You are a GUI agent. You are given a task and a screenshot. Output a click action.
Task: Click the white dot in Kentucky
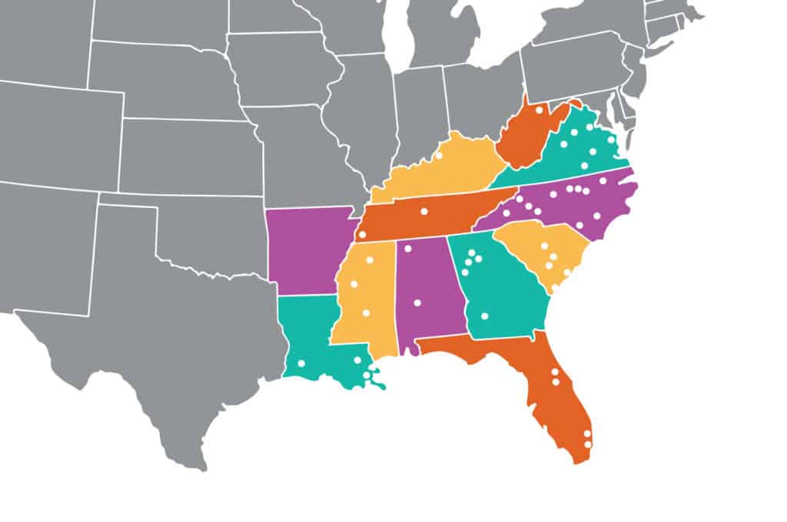point(439,156)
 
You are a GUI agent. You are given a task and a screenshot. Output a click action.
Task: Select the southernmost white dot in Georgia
point(484,316)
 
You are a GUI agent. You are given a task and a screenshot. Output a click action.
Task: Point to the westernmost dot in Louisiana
point(301,363)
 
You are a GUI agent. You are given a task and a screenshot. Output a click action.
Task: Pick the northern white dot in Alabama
point(408,248)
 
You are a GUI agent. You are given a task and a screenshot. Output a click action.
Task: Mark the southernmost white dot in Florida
point(588,444)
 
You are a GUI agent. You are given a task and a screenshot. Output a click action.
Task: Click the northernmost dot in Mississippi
point(370,260)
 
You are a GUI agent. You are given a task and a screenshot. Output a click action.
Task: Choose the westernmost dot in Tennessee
point(361,234)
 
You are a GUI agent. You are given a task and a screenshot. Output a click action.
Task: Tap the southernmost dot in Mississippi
point(366,312)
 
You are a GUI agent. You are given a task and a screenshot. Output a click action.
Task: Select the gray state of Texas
point(169,345)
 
